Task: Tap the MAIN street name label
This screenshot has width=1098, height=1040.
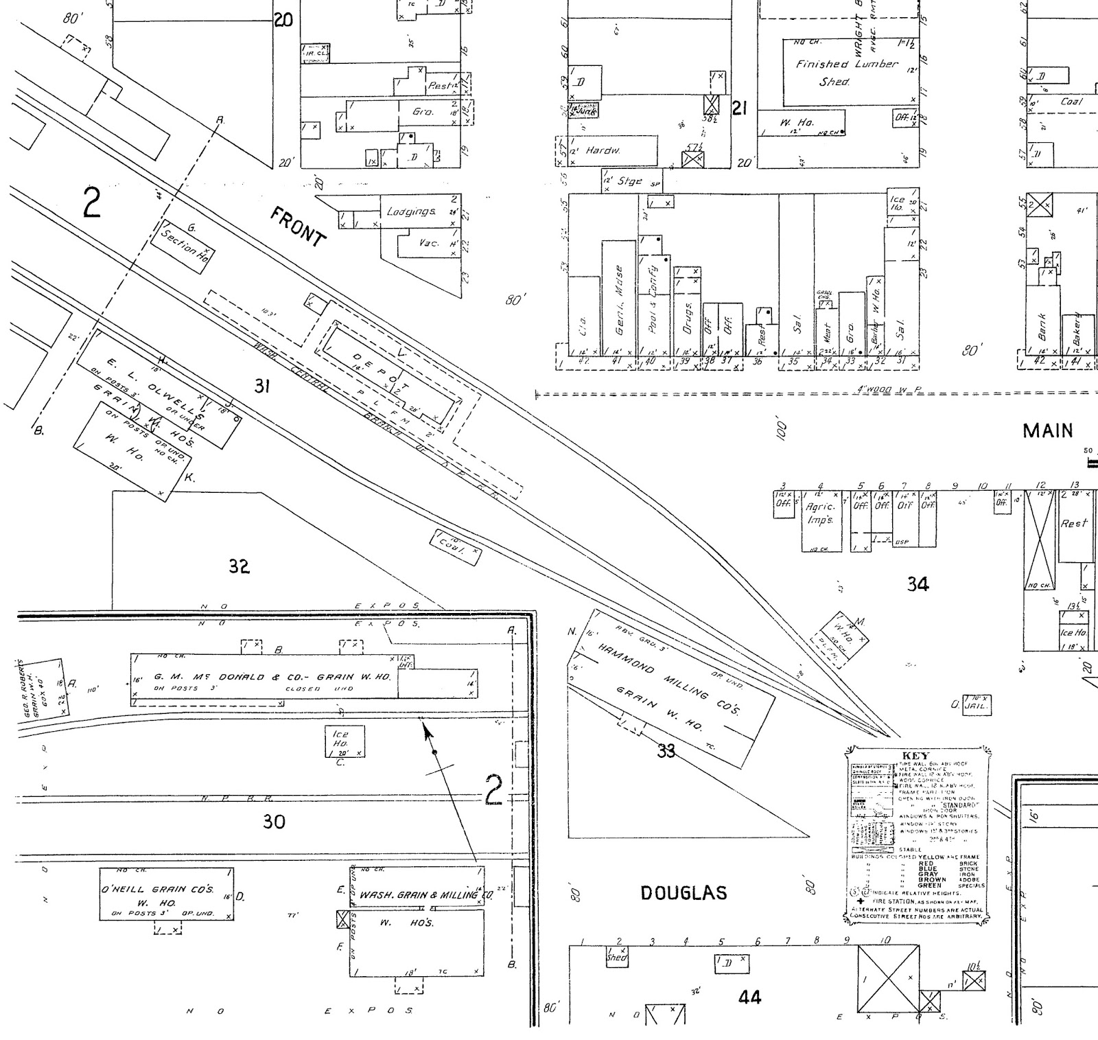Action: point(1047,431)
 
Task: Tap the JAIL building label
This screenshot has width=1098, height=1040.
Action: point(976,705)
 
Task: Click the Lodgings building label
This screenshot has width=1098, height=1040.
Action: point(410,211)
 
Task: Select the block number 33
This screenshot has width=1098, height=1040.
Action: point(666,751)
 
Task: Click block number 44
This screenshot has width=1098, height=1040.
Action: point(749,997)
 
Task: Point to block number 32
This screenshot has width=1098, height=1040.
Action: point(239,567)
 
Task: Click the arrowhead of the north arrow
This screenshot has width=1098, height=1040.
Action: point(428,733)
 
